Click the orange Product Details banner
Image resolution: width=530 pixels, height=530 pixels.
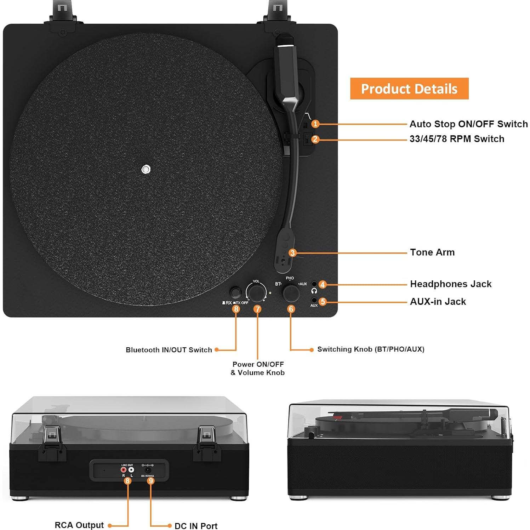[x=409, y=89]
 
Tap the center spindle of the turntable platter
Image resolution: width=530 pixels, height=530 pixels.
[x=146, y=169]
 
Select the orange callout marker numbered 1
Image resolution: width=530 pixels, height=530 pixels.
[x=315, y=124]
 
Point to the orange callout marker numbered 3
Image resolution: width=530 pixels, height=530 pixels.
[x=292, y=253]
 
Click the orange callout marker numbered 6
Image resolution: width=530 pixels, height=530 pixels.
[x=291, y=309]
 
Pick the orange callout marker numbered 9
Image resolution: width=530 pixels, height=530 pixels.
[x=151, y=480]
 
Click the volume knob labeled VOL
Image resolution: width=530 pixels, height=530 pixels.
[x=256, y=293]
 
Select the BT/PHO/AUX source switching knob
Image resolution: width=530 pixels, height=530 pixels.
[x=291, y=293]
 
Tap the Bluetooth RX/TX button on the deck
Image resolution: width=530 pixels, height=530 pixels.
[x=235, y=292]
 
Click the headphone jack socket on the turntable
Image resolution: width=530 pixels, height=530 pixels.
[x=314, y=284]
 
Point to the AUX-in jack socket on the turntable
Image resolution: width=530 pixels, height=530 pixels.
[x=314, y=300]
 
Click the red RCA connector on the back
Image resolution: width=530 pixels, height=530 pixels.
[x=124, y=470]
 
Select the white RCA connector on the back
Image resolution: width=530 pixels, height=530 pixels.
[x=131, y=470]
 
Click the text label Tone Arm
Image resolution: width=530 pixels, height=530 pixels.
[x=432, y=252]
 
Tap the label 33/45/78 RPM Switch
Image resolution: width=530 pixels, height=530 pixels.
[x=457, y=139]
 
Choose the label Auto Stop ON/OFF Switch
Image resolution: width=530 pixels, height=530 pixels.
[x=468, y=124]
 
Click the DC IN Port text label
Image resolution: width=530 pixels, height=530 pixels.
[x=196, y=526]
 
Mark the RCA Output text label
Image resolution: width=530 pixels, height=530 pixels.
[x=79, y=525]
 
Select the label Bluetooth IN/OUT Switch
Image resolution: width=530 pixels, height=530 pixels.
[x=169, y=350]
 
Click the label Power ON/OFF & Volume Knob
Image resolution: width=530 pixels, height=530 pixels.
[x=258, y=368]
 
